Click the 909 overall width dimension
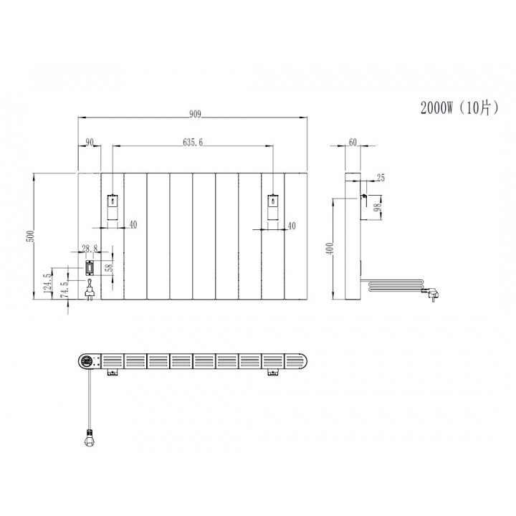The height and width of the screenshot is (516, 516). tap(194, 113)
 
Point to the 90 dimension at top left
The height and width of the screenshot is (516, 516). tap(89, 143)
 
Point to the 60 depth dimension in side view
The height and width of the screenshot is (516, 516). tap(353, 142)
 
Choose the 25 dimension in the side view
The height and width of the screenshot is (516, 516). tap(380, 177)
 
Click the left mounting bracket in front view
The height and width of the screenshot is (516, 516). tap(113, 206)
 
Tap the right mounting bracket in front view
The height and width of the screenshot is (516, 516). tap(272, 206)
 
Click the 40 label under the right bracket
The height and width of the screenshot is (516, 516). tap(291, 226)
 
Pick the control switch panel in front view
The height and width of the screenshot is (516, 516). tap(89, 269)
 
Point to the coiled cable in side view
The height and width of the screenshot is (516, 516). tap(393, 286)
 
